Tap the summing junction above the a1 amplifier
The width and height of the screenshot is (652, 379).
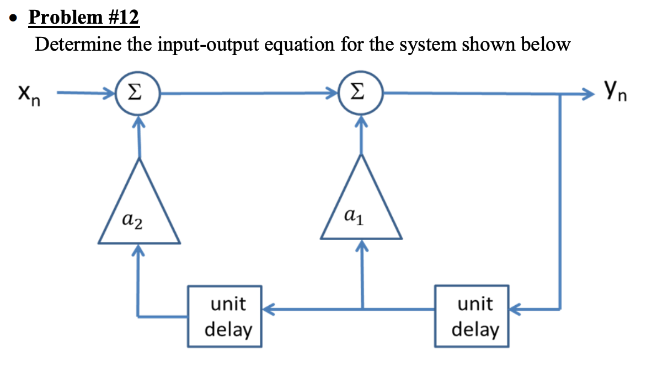click(x=361, y=93)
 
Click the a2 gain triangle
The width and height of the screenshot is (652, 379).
click(x=139, y=209)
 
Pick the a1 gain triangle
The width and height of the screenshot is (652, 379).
click(x=361, y=207)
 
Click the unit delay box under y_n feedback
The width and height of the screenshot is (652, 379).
click(x=472, y=316)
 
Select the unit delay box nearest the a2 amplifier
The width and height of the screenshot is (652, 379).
click(x=225, y=316)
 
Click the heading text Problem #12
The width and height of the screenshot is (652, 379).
click(x=84, y=18)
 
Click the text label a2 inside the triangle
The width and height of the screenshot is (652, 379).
click(x=132, y=222)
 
